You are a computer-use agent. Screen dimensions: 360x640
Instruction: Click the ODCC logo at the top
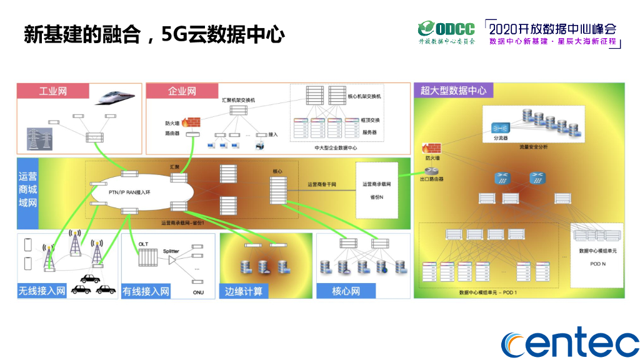[446, 32]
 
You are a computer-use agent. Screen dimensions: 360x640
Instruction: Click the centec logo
[570, 342]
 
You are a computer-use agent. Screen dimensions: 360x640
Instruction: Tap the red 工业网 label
[53, 91]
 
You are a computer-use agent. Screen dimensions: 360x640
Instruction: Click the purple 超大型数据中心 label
[454, 91]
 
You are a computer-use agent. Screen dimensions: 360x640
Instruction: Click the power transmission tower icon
[39, 138]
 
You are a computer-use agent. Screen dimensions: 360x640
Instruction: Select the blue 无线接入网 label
[42, 291]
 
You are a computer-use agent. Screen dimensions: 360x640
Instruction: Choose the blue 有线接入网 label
[146, 291]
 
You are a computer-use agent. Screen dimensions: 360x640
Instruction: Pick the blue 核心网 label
[346, 291]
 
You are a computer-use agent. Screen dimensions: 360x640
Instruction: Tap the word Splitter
[171, 251]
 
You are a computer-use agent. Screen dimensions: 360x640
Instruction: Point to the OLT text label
[143, 242]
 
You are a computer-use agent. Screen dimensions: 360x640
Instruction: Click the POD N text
[598, 264]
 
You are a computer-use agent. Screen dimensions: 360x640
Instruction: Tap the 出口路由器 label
[432, 179]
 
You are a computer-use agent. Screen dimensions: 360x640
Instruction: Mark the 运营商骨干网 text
[322, 184]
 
